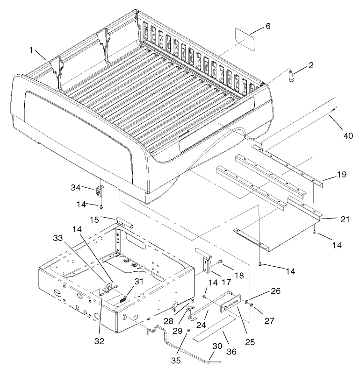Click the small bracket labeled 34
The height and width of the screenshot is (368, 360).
point(100,191)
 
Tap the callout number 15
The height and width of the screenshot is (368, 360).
point(95,219)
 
